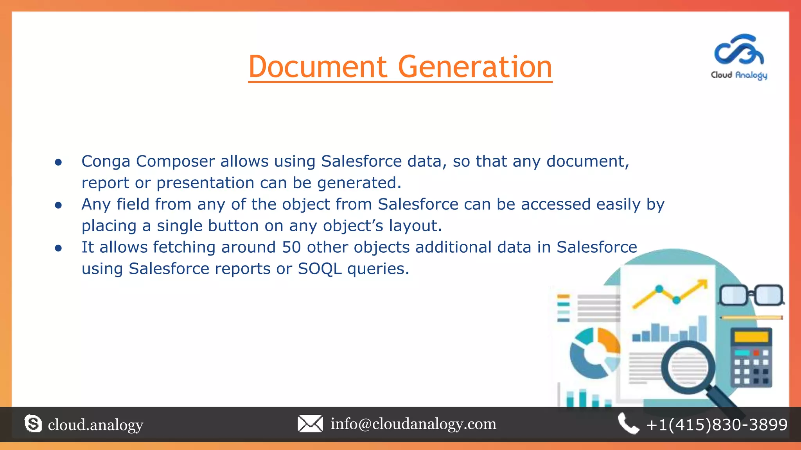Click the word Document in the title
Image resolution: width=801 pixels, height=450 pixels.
pyautogui.click(x=318, y=67)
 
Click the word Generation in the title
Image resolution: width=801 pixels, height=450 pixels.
pyautogui.click(x=475, y=67)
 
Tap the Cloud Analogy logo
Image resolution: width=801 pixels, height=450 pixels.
pyautogui.click(x=739, y=57)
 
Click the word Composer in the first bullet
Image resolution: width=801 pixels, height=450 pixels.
pyautogui.click(x=175, y=162)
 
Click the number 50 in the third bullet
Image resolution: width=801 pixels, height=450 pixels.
pyautogui.click(x=291, y=247)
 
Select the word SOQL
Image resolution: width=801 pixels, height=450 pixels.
pyautogui.click(x=320, y=269)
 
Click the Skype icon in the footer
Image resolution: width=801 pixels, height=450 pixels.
pyautogui.click(x=33, y=424)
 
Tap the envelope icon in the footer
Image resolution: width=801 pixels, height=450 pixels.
pyautogui.click(x=310, y=424)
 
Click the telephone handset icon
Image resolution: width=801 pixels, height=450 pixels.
pyautogui.click(x=628, y=424)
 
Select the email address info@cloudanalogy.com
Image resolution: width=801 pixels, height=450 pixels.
pyautogui.click(x=413, y=424)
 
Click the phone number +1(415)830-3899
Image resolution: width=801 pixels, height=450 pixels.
pyautogui.click(x=717, y=425)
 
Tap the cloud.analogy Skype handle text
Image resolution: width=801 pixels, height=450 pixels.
pyautogui.click(x=95, y=425)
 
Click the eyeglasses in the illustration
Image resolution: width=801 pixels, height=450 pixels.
pyautogui.click(x=751, y=295)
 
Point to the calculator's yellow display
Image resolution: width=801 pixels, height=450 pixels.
pyautogui.click(x=751, y=337)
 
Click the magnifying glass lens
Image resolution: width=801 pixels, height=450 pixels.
pyautogui.click(x=688, y=367)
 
